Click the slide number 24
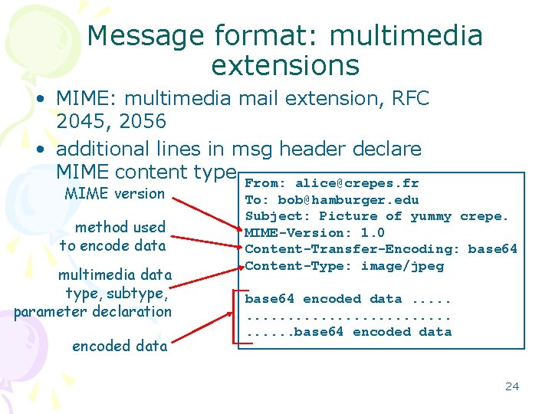click(x=512, y=386)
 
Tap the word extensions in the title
click(x=285, y=65)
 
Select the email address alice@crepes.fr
click(x=357, y=183)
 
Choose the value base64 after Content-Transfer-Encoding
click(x=493, y=249)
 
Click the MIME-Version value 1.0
click(x=373, y=233)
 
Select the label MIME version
click(x=115, y=193)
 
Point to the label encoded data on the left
click(x=120, y=346)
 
